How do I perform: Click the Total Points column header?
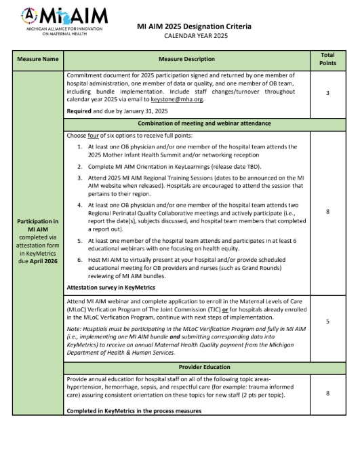tap(327, 59)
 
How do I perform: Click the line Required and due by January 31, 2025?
tap(117, 111)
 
